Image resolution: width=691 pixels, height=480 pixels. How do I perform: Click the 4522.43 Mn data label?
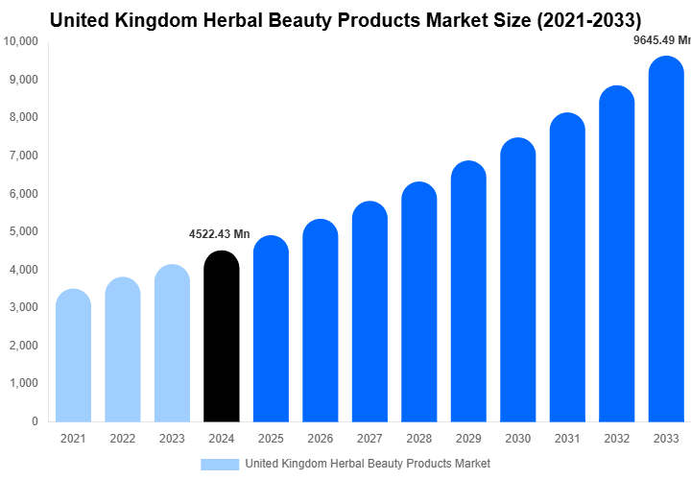pyautogui.click(x=218, y=234)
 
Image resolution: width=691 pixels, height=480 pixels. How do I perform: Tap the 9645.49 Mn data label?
pyautogui.click(x=662, y=40)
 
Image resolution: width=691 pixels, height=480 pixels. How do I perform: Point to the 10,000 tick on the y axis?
pyautogui.click(x=21, y=41)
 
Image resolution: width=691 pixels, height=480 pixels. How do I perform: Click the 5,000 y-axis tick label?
pyautogui.click(x=23, y=231)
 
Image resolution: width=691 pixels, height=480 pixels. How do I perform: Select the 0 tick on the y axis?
pyautogui.click(x=35, y=421)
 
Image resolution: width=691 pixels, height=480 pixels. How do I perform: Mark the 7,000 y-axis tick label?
pyautogui.click(x=23, y=156)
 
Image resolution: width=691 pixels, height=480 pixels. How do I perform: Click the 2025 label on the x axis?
pyautogui.click(x=271, y=440)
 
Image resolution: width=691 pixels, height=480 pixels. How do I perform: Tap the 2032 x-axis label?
pyautogui.click(x=617, y=440)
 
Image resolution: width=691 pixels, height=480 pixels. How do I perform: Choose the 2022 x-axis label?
pyautogui.click(x=122, y=440)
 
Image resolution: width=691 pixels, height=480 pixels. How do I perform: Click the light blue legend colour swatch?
pyautogui.click(x=220, y=465)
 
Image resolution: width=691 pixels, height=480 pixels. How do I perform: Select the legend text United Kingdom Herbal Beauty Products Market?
pyautogui.click(x=368, y=465)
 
